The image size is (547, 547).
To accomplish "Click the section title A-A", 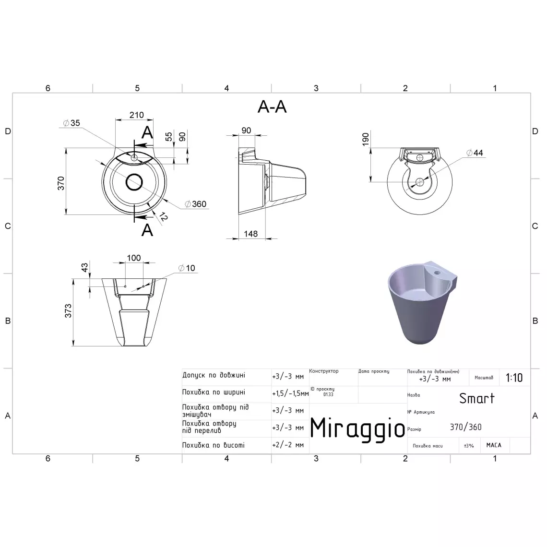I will [x=272, y=107].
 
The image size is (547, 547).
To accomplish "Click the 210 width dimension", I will [x=137, y=115].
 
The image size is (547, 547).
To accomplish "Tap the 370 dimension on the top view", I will [x=61, y=183].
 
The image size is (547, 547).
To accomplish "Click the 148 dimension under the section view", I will [x=250, y=234].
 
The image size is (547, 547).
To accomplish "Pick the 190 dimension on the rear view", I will [x=366, y=139].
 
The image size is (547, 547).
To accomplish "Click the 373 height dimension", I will [x=69, y=310].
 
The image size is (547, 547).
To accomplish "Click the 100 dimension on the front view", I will [x=133, y=258].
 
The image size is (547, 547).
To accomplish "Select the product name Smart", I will [x=476, y=398].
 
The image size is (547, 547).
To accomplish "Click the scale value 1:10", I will [x=514, y=378].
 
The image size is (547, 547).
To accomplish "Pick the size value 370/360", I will [x=465, y=428].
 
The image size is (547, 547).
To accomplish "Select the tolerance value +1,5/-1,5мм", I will [x=290, y=393].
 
